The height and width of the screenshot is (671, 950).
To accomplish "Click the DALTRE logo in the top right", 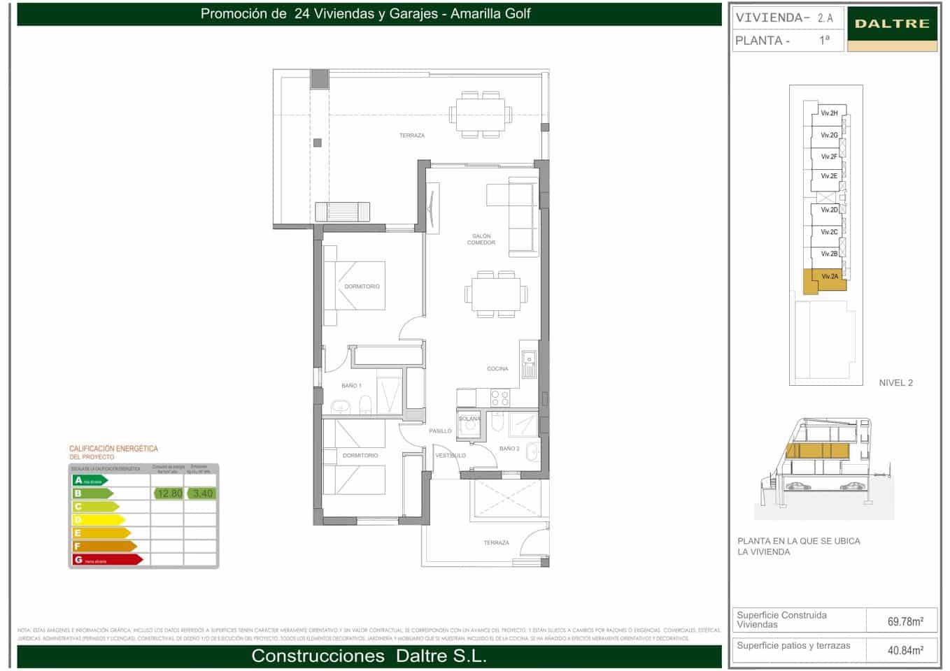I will (892, 24).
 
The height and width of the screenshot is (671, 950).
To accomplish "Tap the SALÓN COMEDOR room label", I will (481, 240).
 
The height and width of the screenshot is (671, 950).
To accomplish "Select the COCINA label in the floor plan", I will (497, 368).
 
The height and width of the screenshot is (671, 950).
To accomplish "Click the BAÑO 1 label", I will (351, 386).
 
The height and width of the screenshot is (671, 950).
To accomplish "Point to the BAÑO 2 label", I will (509, 448).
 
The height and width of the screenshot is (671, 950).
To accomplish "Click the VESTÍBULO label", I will (451, 456).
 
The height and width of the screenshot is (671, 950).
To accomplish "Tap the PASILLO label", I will (440, 431).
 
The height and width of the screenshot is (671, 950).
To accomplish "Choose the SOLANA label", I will (469, 419).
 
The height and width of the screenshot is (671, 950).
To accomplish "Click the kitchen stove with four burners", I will (500, 398).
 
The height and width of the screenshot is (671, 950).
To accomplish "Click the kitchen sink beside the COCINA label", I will (529, 363).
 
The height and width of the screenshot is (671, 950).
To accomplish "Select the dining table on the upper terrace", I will (481, 113).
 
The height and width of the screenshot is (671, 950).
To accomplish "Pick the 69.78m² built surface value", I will (905, 621).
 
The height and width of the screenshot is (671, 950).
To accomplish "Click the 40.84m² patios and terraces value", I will (905, 650).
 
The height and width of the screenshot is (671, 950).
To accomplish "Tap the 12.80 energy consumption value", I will (169, 493).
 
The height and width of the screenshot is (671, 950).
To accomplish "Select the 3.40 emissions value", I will (202, 493).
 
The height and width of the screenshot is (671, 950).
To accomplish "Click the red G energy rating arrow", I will (108, 560).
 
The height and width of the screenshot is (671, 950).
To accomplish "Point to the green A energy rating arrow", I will (90, 480).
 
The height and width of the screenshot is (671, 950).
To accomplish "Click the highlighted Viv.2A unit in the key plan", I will (829, 277).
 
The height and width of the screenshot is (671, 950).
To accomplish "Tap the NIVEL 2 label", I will (895, 383).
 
